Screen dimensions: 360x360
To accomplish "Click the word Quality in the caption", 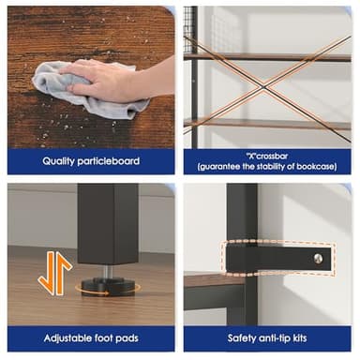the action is (x=58, y=161).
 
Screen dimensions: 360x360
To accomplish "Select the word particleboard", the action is (x=108, y=161).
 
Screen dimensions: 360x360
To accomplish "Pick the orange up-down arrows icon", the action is (x=55, y=274).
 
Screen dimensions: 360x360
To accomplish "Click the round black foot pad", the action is (x=108, y=286).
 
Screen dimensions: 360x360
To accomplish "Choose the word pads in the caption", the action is (x=127, y=338).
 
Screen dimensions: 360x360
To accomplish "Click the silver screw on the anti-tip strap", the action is (x=318, y=259).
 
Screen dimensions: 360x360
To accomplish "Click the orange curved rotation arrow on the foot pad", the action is (x=92, y=291).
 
